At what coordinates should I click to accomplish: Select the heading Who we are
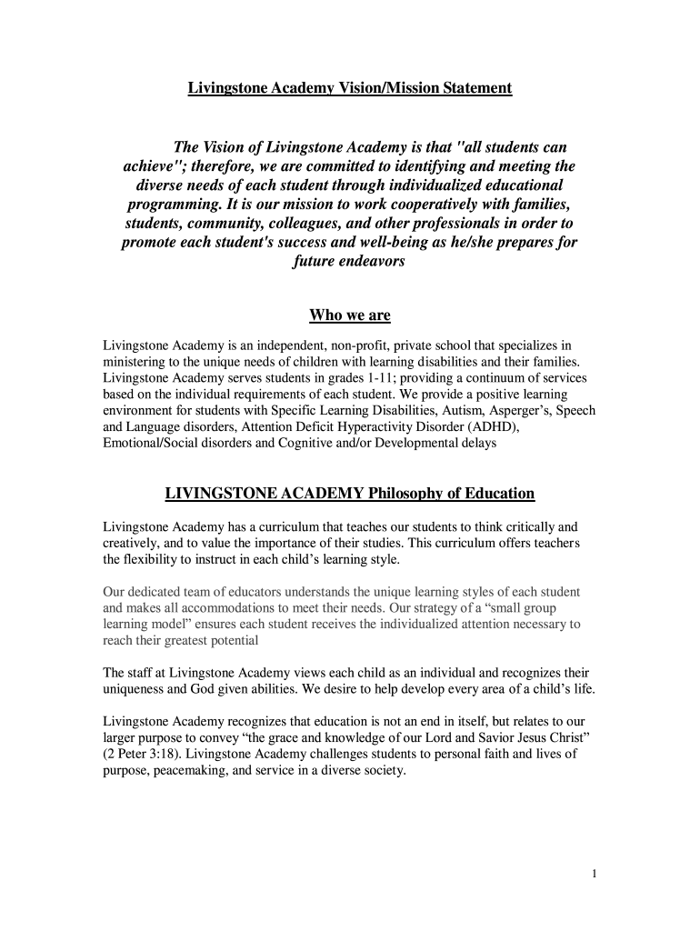[x=350, y=315]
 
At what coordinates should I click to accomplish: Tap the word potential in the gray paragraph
[x=235, y=641]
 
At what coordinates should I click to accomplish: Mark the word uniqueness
[x=135, y=690]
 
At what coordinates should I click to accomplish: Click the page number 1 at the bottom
[x=594, y=875]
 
